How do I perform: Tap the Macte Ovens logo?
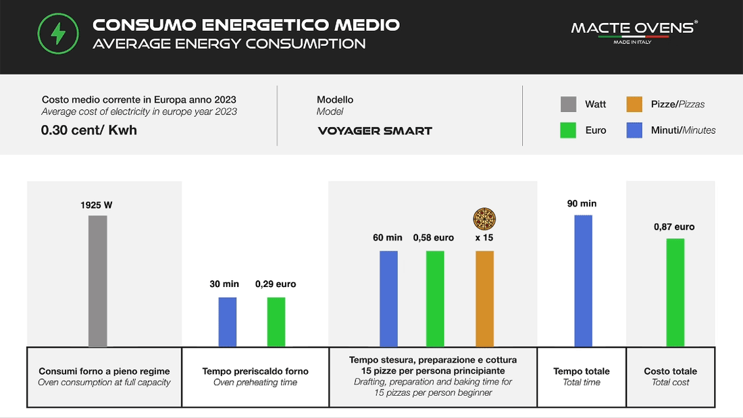click(634, 30)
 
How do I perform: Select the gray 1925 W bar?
click(98, 281)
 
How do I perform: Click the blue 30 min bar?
click(228, 322)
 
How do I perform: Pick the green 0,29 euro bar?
click(276, 322)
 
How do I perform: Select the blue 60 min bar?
click(388, 298)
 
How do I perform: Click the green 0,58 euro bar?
click(434, 298)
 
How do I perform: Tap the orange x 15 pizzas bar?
click(485, 298)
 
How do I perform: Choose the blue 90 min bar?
click(583, 281)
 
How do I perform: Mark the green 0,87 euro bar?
click(675, 292)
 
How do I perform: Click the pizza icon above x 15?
click(484, 219)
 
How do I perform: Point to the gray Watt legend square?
click(568, 104)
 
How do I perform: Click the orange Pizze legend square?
click(634, 104)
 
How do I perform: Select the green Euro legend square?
click(568, 130)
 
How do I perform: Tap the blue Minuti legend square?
click(634, 130)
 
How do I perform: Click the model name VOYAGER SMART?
click(375, 131)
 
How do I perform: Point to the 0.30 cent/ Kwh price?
click(89, 130)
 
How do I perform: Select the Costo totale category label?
click(671, 371)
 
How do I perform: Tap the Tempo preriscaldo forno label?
click(255, 371)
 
